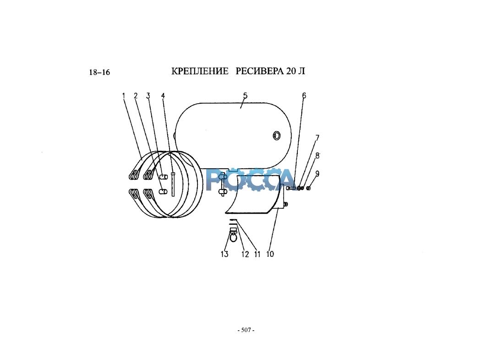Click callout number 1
pyautogui.click(x=124, y=96)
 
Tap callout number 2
pyautogui.click(x=136, y=96)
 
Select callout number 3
pyautogui.click(x=148, y=96)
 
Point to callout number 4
pyautogui.click(x=163, y=96)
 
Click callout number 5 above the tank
pyautogui.click(x=245, y=95)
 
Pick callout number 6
pyautogui.click(x=304, y=95)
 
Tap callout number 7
pyautogui.click(x=317, y=138)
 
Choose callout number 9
pyautogui.click(x=317, y=174)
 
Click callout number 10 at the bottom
pyautogui.click(x=270, y=254)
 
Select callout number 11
pyautogui.click(x=257, y=254)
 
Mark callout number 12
pyautogui.click(x=245, y=254)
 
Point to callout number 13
pyautogui.click(x=225, y=254)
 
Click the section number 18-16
pyautogui.click(x=99, y=72)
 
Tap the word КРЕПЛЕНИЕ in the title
pyautogui.click(x=200, y=71)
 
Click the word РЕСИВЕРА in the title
pyautogui.click(x=260, y=71)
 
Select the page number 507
pyautogui.click(x=246, y=330)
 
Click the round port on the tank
pyautogui.click(x=276, y=135)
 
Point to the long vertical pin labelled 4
pyautogui.click(x=173, y=184)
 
